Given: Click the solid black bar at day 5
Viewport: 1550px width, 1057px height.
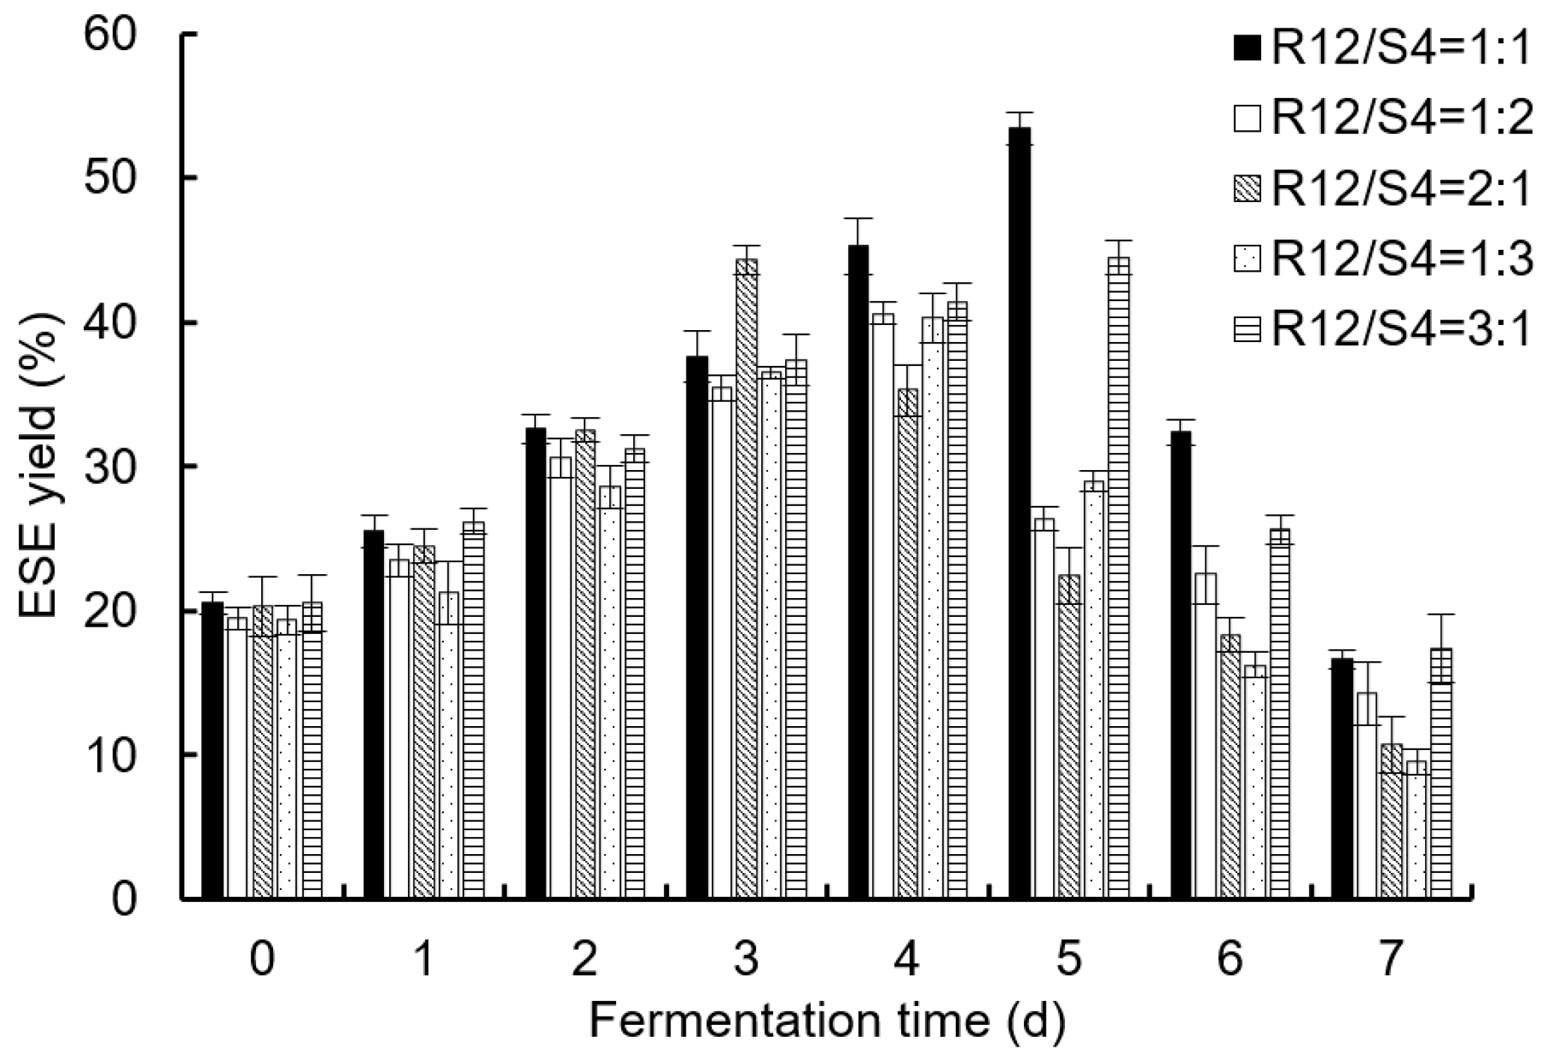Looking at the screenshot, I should [1020, 517].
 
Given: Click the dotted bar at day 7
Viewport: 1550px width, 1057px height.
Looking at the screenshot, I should [1417, 831].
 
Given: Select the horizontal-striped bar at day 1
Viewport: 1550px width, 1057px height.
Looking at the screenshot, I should [473, 711].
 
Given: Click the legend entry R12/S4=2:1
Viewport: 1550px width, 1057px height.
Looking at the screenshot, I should [1388, 189].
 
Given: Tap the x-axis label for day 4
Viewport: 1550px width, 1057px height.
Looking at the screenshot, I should [907, 960].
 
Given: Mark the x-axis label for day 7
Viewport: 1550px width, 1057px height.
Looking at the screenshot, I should [1390, 960].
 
